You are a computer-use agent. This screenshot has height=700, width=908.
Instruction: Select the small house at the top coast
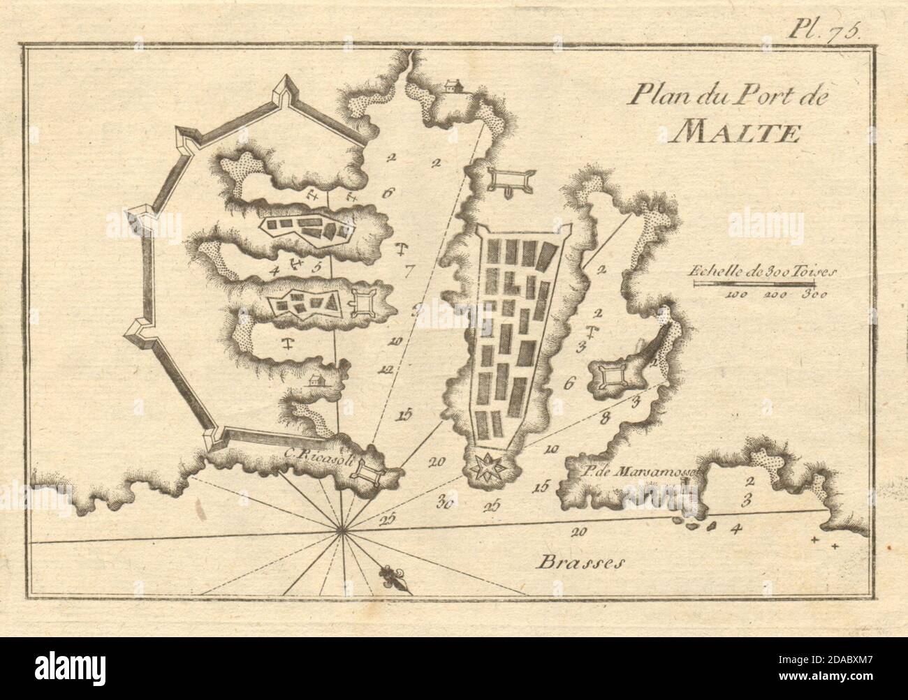click(453, 86)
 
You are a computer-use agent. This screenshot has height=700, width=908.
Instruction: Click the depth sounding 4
click(734, 528)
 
